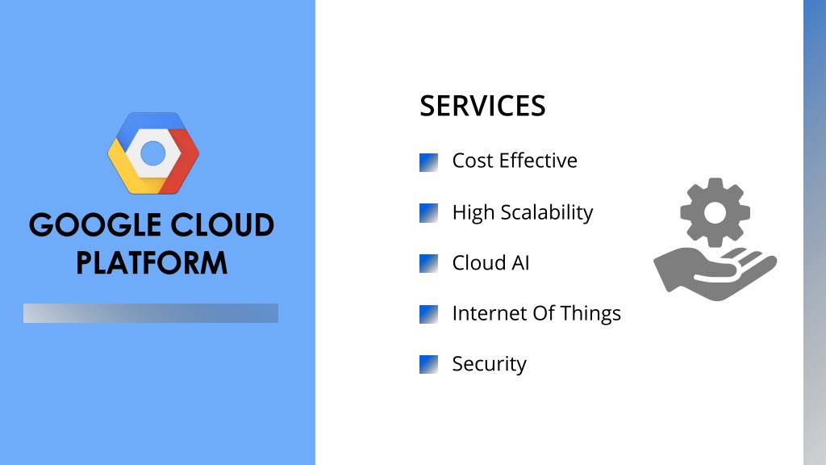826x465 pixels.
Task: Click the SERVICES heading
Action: pyautogui.click(x=482, y=106)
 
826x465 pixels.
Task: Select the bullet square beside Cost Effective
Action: pyautogui.click(x=428, y=162)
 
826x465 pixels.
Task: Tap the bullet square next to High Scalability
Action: pyautogui.click(x=428, y=213)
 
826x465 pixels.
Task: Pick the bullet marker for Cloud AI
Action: pyautogui.click(x=428, y=264)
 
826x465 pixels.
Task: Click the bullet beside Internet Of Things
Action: pyautogui.click(x=428, y=314)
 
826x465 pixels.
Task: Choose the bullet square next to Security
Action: pyautogui.click(x=428, y=364)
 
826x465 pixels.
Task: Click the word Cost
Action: pyautogui.click(x=473, y=161)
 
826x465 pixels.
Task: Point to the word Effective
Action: pyautogui.click(x=538, y=161)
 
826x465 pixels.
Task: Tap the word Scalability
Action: pyautogui.click(x=547, y=213)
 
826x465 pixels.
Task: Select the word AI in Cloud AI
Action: pyautogui.click(x=520, y=263)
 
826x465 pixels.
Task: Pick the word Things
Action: pyautogui.click(x=590, y=314)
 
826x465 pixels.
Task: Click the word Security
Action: pyautogui.click(x=490, y=364)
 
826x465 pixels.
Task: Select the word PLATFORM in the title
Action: pyautogui.click(x=152, y=263)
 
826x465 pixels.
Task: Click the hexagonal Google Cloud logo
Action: pyautogui.click(x=153, y=153)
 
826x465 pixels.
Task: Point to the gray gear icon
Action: pyautogui.click(x=715, y=212)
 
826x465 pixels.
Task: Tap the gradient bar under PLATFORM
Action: pyautogui.click(x=151, y=313)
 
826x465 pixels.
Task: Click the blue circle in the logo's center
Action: pyautogui.click(x=153, y=153)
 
